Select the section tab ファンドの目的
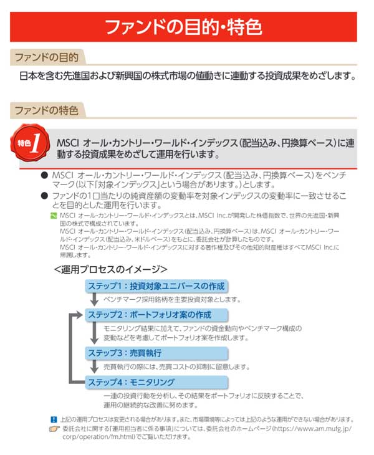tap(47, 58)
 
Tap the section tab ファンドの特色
tap(47, 111)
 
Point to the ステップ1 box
tap(156, 286)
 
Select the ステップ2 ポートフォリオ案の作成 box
tap(156, 314)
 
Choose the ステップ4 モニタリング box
tap(156, 381)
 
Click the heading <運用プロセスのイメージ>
tap(110, 269)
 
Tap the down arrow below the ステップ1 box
tap(94, 300)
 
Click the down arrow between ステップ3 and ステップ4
tap(94, 368)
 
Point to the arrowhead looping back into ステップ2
tap(80, 315)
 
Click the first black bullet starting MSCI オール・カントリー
tap(44, 176)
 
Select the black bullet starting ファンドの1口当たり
tap(44, 196)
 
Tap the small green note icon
tap(54, 214)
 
